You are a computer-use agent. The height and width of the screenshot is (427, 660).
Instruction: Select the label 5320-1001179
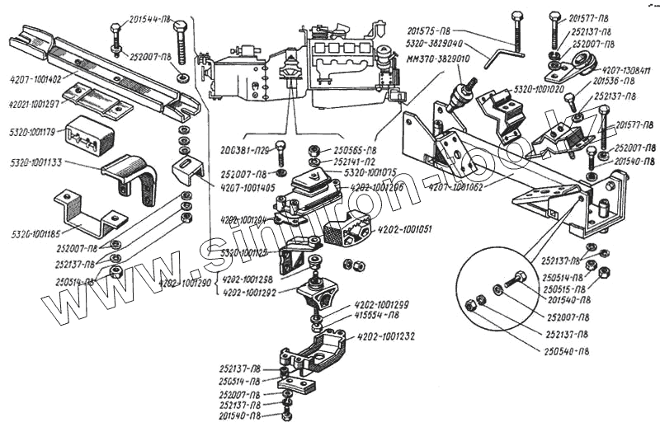coord(31,130)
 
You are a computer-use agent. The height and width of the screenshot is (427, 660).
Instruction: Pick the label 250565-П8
coord(356,151)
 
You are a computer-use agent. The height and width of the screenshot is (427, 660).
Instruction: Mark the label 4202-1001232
coord(386,336)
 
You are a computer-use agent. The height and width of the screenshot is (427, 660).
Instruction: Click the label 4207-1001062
coord(457,188)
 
